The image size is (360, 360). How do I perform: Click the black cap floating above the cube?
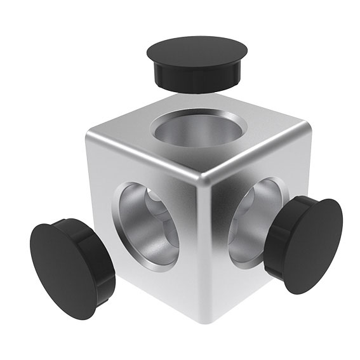pyautogui.click(x=197, y=62)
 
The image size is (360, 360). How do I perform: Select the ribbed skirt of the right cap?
pyautogui.click(x=279, y=241)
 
